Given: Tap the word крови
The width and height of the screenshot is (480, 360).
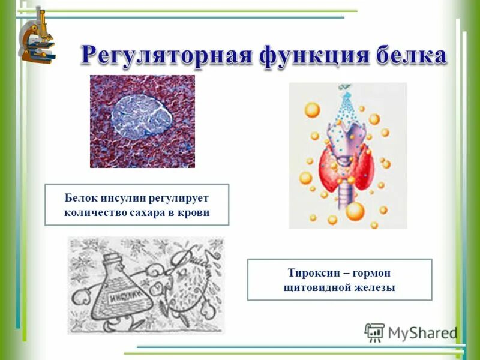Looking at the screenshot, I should point(195,212).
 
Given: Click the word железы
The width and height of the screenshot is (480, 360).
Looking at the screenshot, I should point(374,287).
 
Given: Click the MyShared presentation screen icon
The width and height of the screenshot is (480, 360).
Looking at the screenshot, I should point(374,332).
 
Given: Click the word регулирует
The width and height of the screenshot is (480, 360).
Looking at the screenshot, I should point(176,197).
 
